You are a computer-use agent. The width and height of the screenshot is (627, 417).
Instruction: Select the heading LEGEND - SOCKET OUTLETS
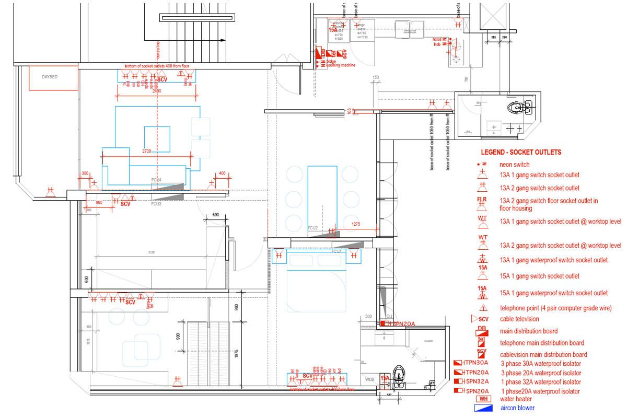(x=521, y=153)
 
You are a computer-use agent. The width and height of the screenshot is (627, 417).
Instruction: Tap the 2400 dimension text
(x=156, y=90)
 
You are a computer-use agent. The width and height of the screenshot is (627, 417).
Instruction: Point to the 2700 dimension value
(x=147, y=151)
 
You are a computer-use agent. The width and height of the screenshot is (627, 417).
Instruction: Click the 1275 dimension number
(x=356, y=224)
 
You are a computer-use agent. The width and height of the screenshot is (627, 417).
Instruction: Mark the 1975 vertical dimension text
(x=237, y=355)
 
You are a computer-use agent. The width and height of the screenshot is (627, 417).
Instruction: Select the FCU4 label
(x=156, y=180)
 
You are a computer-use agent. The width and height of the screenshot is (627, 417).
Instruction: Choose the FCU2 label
(x=313, y=228)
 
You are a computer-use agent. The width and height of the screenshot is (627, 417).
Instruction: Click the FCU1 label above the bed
(x=336, y=251)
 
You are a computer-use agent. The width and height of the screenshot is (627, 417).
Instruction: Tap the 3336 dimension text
(x=151, y=252)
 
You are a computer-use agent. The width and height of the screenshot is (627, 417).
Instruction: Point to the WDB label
(x=369, y=379)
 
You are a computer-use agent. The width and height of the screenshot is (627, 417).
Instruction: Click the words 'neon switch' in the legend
(x=515, y=165)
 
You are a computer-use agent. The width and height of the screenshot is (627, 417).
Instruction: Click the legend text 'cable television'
(x=519, y=319)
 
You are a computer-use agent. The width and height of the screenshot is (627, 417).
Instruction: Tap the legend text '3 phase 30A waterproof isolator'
(x=541, y=363)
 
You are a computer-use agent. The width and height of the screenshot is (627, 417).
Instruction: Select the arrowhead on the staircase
(x=224, y=40)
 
